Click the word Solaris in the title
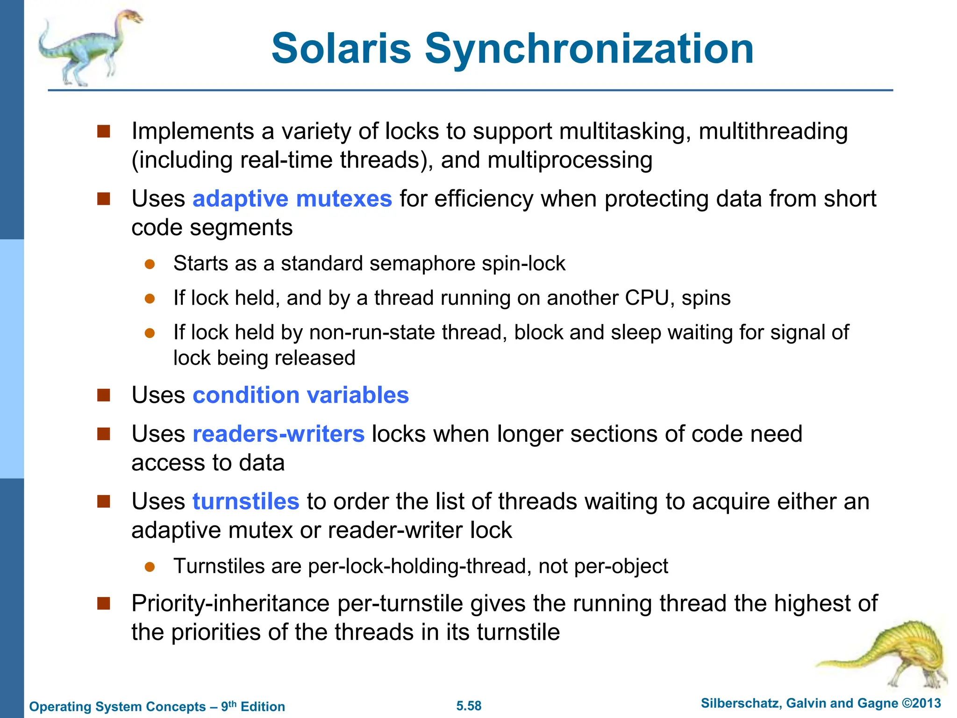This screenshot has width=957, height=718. click(341, 49)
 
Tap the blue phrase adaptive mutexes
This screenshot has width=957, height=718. click(292, 199)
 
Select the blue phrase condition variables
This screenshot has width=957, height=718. click(300, 395)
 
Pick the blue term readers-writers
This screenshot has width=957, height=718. click(279, 434)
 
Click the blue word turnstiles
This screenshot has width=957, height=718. click(246, 502)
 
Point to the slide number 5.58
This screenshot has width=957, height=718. click(469, 706)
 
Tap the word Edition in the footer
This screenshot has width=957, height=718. click(263, 706)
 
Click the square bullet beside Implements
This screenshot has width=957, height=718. click(103, 131)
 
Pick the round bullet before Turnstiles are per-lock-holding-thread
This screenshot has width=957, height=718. click(150, 567)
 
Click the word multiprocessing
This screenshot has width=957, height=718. click(570, 160)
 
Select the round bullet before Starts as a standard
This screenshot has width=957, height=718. click(150, 264)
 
